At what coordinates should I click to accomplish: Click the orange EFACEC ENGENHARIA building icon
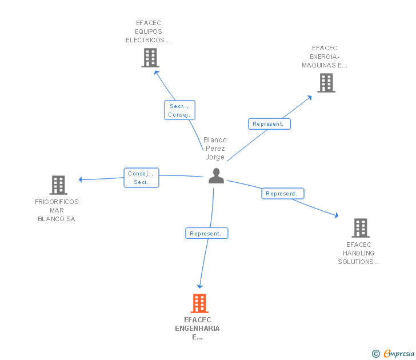pos(199,303)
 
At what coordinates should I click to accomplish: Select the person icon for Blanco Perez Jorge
pos(216,176)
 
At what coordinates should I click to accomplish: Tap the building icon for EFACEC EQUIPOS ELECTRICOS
pos(150,58)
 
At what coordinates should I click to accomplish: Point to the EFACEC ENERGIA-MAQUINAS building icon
pos(326,83)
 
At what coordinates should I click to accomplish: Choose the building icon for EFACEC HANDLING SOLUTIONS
pos(360,228)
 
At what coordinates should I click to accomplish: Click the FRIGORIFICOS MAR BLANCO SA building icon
pos(58,185)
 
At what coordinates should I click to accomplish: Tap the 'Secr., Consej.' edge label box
pos(179,110)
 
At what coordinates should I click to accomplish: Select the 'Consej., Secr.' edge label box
pos(141,178)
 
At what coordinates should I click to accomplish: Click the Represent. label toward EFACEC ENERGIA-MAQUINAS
pos(269,123)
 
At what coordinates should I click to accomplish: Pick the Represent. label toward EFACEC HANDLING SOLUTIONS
pos(282,194)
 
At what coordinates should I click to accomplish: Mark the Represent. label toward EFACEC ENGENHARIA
pos(206,233)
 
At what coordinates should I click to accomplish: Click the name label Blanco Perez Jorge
pos(215,149)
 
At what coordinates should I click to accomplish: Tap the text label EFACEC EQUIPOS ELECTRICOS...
pos(149,32)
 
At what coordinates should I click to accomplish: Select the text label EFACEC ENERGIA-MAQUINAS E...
pos(325,57)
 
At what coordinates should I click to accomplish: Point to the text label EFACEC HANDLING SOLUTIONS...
pos(359,253)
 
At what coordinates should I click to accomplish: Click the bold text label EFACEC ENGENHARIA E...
pos(198,329)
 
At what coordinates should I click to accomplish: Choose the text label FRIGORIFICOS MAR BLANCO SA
pos(57,210)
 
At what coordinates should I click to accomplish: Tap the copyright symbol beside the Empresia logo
pos(376,354)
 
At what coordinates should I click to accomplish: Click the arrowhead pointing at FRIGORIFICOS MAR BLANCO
pos(81,180)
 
